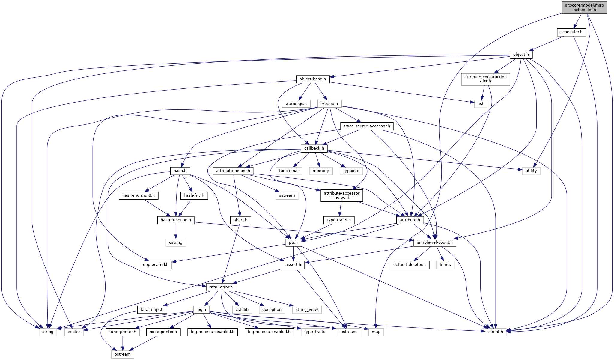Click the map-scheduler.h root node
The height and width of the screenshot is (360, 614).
click(x=584, y=7)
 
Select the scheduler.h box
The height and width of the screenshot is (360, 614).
click(x=571, y=32)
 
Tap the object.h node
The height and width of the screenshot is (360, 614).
click(x=521, y=55)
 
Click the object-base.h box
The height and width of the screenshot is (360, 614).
click(x=313, y=79)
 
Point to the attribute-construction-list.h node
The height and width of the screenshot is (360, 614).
click(x=485, y=79)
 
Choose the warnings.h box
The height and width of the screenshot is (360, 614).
click(x=296, y=104)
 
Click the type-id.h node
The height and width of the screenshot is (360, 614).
click(x=329, y=104)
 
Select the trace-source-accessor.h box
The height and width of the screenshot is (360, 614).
click(x=367, y=126)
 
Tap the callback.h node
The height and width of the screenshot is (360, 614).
click(x=314, y=148)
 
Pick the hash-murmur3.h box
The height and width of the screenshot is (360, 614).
click(x=139, y=195)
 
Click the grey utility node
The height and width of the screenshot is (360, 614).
click(x=531, y=171)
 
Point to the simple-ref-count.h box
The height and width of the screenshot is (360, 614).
click(x=435, y=242)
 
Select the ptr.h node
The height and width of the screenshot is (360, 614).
click(x=293, y=242)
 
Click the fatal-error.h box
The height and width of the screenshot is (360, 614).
click(x=221, y=287)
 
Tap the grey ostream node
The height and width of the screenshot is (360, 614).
click(x=123, y=354)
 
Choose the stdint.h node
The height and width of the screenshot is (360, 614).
click(x=496, y=332)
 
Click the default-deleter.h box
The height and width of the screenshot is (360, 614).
click(x=409, y=265)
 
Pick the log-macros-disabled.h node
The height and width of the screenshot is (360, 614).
click(x=213, y=332)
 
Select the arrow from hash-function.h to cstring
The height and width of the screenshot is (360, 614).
click(x=176, y=231)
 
